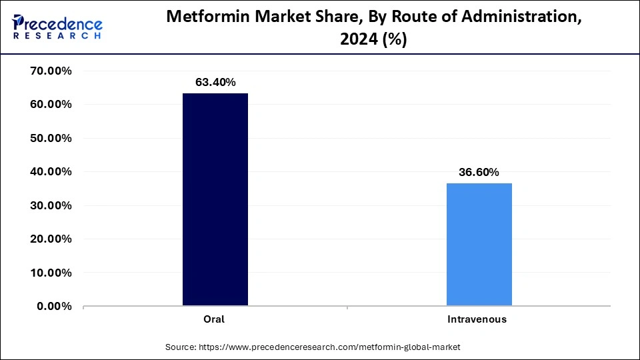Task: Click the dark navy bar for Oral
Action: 215,199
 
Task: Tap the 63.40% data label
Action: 215,83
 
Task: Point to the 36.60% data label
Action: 479,172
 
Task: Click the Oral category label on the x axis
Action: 214,319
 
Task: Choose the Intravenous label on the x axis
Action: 477,319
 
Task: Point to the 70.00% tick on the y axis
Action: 51,71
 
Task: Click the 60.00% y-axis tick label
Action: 51,105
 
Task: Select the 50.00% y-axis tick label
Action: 51,139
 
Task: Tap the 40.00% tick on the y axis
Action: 51,172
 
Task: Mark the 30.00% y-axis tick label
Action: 51,205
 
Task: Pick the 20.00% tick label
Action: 51,239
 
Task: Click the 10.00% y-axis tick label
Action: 51,273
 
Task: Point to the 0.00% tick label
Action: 54,306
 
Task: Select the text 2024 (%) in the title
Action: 373,40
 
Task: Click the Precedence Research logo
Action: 57,27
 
